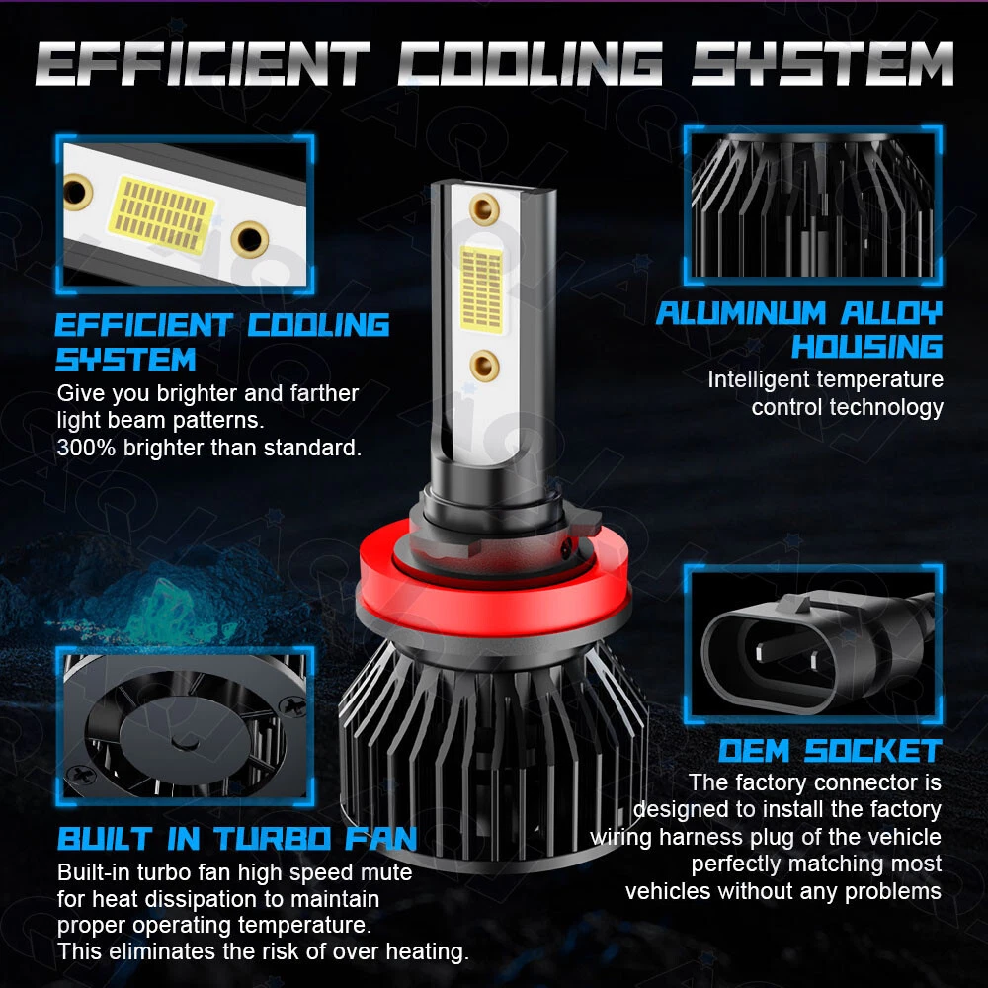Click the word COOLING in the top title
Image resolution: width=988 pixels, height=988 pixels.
point(531,63)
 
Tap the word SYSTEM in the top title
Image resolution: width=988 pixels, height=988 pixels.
point(822,63)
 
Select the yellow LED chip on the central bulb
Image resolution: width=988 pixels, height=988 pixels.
point(482,288)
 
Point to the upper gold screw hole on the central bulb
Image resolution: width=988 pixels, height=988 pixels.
point(484,209)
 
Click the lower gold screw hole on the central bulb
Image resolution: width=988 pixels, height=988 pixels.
point(484,366)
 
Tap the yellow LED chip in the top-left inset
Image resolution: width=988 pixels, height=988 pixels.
point(162,214)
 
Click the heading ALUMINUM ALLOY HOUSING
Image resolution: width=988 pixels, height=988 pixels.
point(799,330)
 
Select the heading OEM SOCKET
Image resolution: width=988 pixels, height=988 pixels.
point(831,751)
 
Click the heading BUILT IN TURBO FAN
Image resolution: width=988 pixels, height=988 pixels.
point(237,839)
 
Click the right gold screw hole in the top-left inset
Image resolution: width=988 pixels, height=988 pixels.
point(250,239)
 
